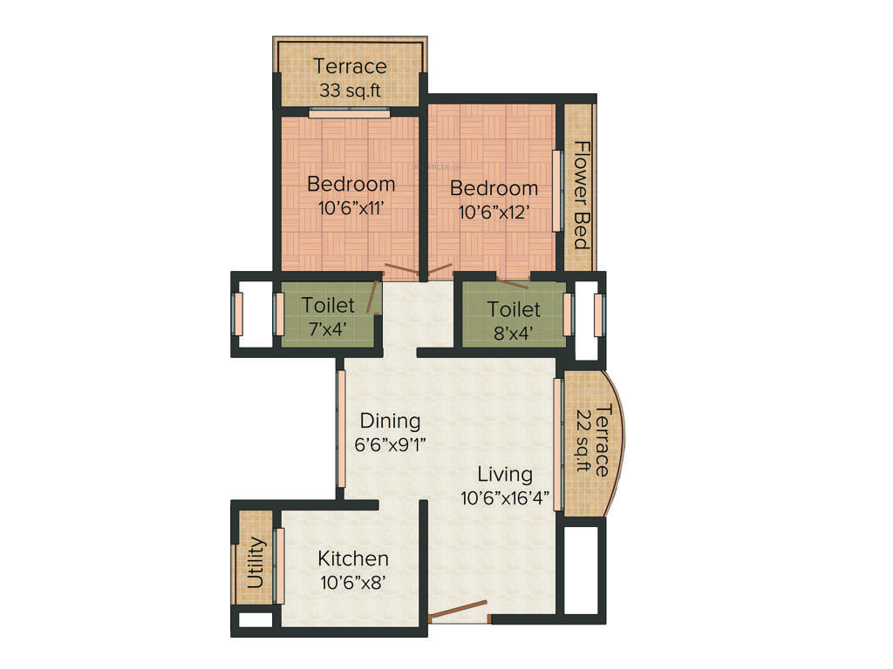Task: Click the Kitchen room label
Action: (x=352, y=558)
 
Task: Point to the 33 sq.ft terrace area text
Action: (x=349, y=90)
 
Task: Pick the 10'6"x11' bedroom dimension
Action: (x=351, y=208)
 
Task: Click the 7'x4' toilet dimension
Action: (x=328, y=328)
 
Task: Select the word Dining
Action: (x=391, y=421)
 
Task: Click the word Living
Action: (x=505, y=475)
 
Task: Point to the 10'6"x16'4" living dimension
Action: (x=505, y=498)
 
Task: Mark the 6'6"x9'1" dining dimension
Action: (x=391, y=443)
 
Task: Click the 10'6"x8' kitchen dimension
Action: (x=352, y=582)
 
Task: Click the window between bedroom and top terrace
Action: (x=349, y=111)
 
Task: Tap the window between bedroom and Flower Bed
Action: (x=557, y=191)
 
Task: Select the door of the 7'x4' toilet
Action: (x=374, y=294)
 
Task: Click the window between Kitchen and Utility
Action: (x=279, y=565)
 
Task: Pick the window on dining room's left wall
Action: (x=341, y=429)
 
